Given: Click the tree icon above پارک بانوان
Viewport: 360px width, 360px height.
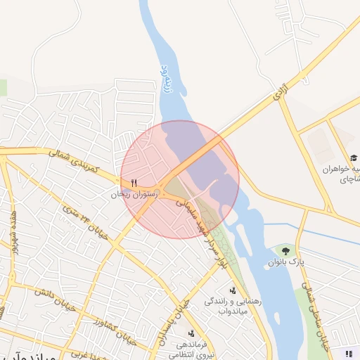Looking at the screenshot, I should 285,250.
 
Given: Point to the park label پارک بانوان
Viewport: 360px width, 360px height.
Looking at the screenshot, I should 286,262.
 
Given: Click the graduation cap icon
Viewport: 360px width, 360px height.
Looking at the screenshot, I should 354,158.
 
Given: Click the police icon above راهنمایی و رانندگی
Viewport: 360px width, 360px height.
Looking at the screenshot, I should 232,290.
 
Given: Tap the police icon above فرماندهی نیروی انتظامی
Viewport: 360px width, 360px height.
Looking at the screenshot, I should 191,333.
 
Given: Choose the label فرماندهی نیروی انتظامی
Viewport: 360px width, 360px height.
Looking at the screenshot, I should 191,349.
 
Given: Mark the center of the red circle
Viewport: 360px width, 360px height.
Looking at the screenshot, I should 180,179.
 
